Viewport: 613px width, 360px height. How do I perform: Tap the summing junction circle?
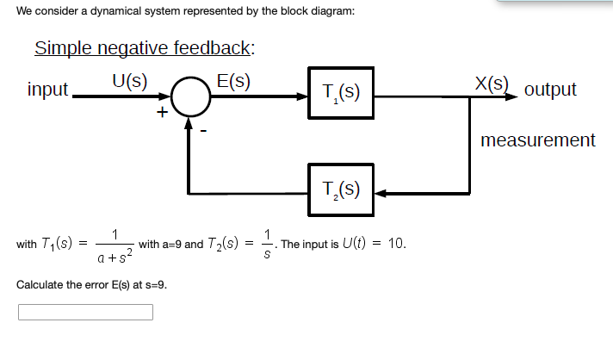[190, 95]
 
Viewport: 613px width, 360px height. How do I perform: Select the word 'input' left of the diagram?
[48, 90]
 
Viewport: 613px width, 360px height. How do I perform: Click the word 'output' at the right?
[550, 90]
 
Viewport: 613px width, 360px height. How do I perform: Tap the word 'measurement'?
[537, 140]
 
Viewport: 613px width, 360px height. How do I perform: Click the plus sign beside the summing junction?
[161, 113]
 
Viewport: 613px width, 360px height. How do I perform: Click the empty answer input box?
[85, 311]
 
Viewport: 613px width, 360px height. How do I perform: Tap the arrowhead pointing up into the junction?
[190, 122]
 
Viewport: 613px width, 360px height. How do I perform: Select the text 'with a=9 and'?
[170, 244]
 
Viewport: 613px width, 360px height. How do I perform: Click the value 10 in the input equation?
[396, 244]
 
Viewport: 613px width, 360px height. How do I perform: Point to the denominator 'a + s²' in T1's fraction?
[114, 256]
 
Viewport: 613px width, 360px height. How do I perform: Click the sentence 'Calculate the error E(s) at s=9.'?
[91, 283]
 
